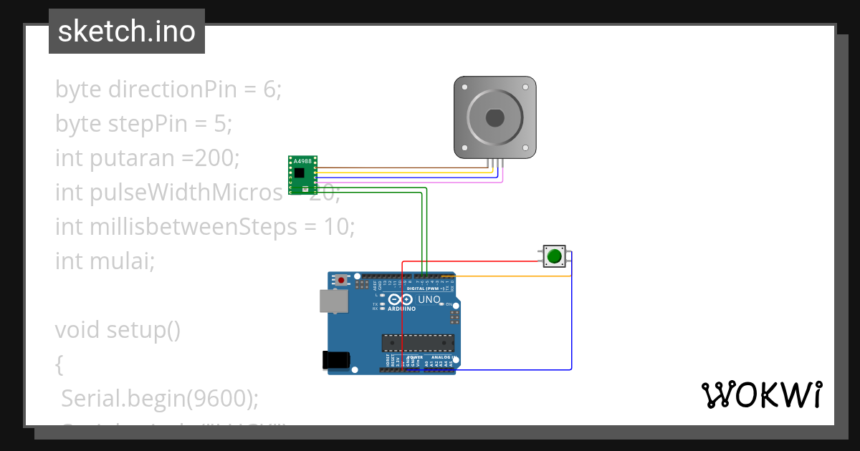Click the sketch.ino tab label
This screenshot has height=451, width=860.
[127, 31]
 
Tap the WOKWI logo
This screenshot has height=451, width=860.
[761, 394]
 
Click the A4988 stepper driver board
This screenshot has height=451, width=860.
[303, 175]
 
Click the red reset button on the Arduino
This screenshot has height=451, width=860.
[343, 279]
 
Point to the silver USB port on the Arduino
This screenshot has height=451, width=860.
[333, 301]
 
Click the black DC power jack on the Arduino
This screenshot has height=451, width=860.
[337, 360]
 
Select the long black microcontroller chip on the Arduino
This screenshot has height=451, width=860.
[418, 344]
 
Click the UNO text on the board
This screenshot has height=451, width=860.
[429, 299]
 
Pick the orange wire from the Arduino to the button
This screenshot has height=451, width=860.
[502, 276]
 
